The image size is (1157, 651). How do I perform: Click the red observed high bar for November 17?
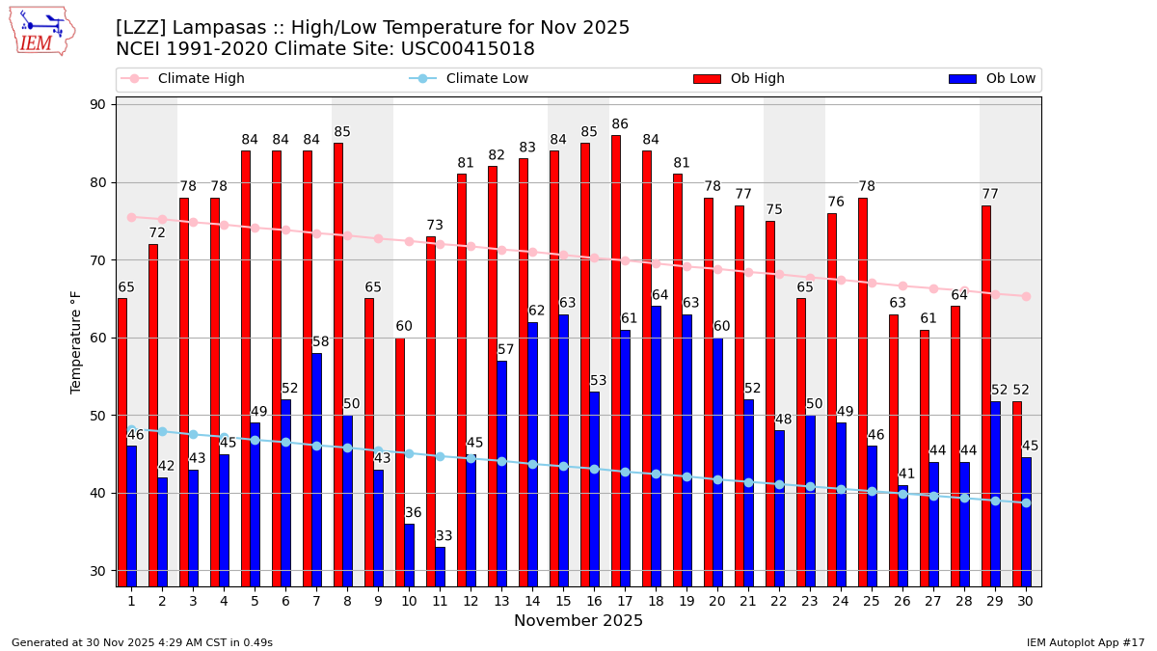(x=616, y=357)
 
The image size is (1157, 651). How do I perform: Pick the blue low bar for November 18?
(x=656, y=445)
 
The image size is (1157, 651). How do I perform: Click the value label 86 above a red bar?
(x=620, y=124)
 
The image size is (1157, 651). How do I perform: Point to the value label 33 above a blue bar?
(x=444, y=536)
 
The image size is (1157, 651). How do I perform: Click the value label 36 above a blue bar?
(x=413, y=513)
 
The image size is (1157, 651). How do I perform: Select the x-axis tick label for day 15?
(x=563, y=601)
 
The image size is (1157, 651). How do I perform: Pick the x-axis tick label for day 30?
(x=1026, y=601)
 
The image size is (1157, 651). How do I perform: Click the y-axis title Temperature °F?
(x=76, y=341)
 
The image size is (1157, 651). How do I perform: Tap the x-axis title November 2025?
(x=578, y=621)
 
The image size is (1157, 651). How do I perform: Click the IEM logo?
(x=41, y=31)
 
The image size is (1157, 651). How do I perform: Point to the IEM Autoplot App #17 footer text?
(x=1085, y=642)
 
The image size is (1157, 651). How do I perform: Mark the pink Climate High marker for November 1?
(x=131, y=217)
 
